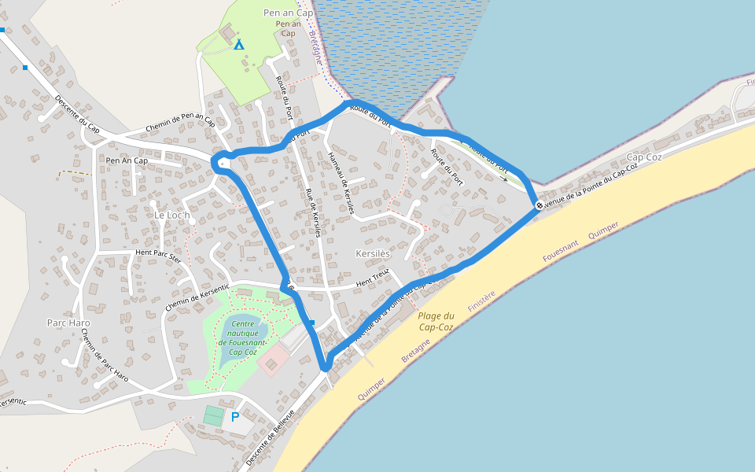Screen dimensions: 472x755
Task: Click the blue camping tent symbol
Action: point(239,45)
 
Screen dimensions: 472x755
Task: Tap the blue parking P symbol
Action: point(234,417)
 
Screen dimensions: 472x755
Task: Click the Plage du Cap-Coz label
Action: point(436,321)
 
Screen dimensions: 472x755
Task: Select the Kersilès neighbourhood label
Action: point(373,254)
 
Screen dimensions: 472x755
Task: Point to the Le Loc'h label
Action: point(171,215)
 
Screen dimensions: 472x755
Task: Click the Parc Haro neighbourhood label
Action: point(68,323)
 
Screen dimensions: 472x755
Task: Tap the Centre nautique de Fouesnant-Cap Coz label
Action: point(244,337)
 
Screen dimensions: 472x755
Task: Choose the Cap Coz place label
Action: point(645,157)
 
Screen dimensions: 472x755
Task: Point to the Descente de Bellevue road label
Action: point(270,437)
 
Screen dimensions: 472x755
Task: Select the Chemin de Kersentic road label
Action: point(197,298)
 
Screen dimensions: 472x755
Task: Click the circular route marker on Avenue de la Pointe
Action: point(540,206)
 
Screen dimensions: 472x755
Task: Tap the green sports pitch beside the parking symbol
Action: point(213,415)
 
